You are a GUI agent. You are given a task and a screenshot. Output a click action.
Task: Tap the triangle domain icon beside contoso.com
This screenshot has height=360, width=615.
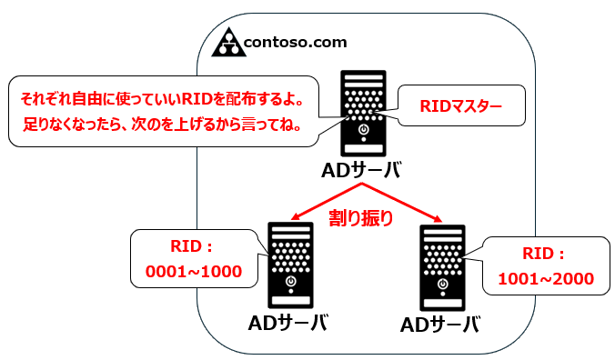pyautogui.click(x=228, y=42)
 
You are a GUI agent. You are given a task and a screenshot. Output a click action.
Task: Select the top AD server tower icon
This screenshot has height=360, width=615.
pyautogui.click(x=363, y=114)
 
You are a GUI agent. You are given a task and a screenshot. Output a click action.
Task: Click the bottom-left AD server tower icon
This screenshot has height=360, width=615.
pyautogui.click(x=288, y=263)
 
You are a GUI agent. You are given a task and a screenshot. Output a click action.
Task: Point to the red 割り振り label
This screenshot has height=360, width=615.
pyautogui.click(x=361, y=216)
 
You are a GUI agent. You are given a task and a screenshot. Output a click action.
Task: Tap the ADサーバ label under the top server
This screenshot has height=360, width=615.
pyautogui.click(x=361, y=171)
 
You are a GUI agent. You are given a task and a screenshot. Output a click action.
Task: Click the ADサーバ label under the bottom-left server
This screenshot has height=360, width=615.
pyautogui.click(x=287, y=323)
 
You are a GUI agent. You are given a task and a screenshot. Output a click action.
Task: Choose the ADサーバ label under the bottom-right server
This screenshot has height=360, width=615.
pyautogui.click(x=441, y=325)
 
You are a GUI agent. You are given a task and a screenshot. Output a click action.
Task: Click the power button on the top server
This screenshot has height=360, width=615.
pyautogui.click(x=363, y=131)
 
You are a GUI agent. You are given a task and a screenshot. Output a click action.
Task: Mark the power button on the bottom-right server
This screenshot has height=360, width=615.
pyautogui.click(x=441, y=285)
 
